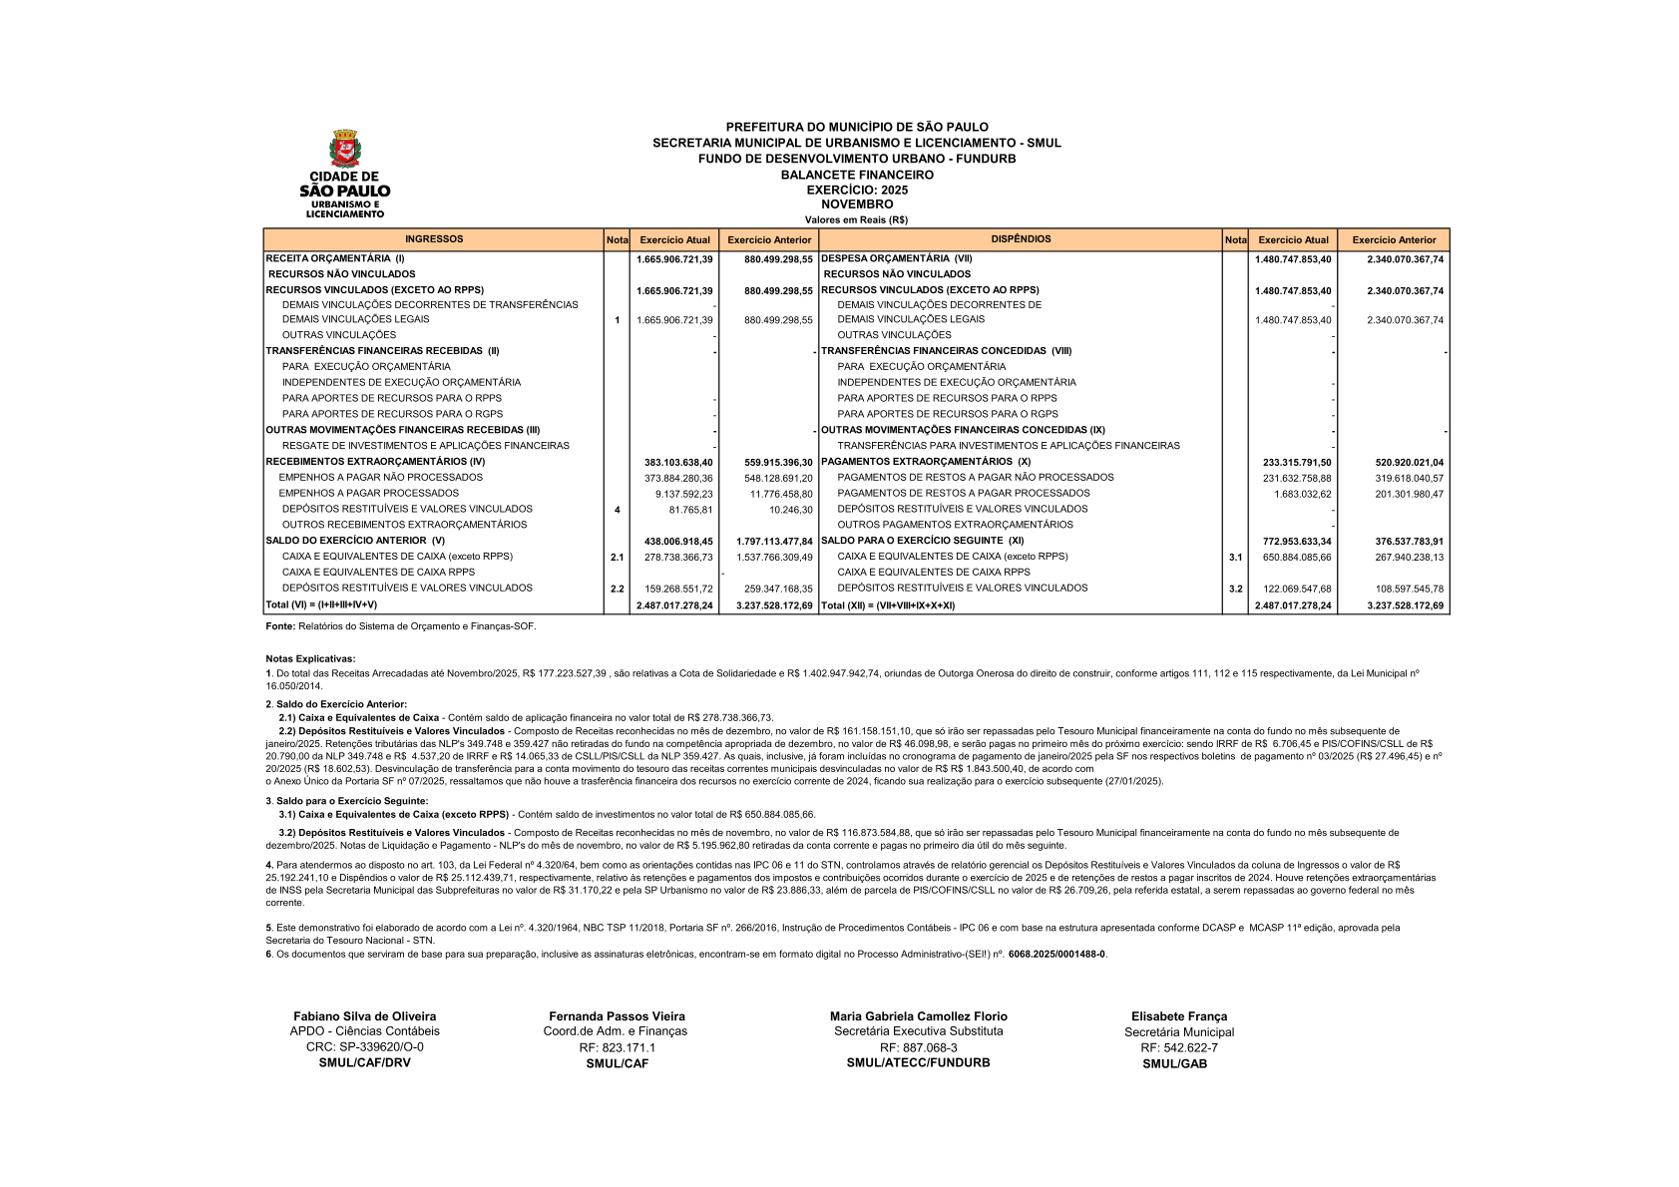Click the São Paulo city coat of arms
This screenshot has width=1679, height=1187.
click(345, 149)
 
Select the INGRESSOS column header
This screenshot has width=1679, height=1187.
click(434, 239)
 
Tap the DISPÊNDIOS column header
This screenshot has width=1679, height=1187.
click(1021, 239)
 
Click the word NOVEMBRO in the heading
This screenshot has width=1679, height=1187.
click(857, 204)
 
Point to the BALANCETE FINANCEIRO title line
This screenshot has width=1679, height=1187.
click(857, 175)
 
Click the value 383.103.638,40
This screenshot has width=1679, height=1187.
click(678, 463)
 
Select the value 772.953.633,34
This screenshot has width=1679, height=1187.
click(1296, 542)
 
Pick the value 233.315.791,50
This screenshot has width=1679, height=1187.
click(1296, 463)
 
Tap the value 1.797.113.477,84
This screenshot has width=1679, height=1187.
click(774, 542)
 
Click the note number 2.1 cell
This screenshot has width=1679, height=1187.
click(617, 558)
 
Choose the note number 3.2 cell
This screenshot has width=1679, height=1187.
click(1235, 589)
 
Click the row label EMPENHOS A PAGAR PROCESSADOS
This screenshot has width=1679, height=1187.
click(368, 493)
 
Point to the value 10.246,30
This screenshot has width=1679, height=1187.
click(790, 510)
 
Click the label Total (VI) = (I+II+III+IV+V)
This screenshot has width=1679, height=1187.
click(321, 604)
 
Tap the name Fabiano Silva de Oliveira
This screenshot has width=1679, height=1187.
click(364, 1016)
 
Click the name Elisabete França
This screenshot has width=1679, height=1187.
click(1178, 1016)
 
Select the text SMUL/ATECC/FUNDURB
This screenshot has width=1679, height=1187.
click(918, 1062)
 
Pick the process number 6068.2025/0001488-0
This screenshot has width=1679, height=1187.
click(1056, 954)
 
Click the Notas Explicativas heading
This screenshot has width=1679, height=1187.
click(310, 658)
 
